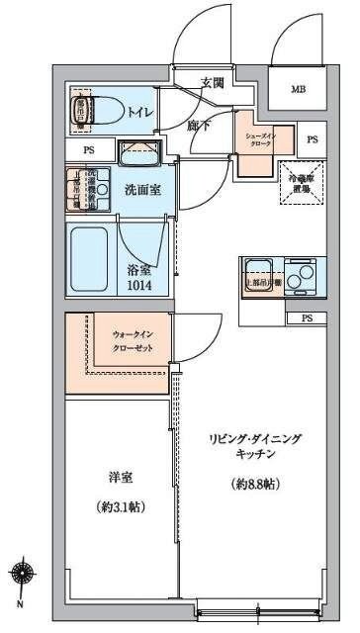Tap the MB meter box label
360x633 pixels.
pos(298,91)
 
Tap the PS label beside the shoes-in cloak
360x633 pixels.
pos(313,139)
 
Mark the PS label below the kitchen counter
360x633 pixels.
pos(307,318)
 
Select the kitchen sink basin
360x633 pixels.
pos(260,267)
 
